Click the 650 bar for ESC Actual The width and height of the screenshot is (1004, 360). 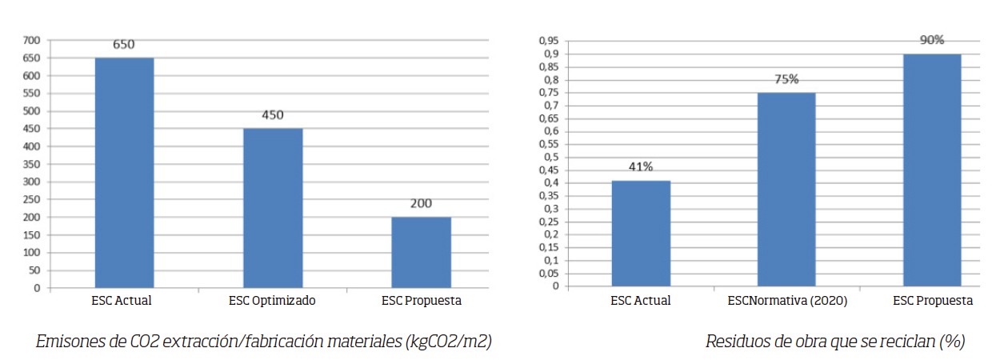(124, 172)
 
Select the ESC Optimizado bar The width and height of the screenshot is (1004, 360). (273, 208)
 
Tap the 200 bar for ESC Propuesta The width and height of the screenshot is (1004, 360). (421, 252)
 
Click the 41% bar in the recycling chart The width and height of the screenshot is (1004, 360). (641, 234)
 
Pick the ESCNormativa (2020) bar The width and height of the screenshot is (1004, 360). (786, 189)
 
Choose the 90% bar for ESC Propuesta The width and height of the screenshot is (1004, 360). (932, 170)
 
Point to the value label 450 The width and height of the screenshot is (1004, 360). (273, 115)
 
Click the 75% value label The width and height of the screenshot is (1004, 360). (786, 79)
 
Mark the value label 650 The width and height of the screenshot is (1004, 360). (124, 45)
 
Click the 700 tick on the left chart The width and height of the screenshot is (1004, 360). (31, 40)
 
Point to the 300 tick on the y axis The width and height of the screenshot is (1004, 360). (31, 182)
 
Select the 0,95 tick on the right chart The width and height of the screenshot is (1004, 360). (548, 40)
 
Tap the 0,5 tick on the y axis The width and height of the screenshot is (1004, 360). (550, 157)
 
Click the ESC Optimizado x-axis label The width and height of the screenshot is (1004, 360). (273, 302)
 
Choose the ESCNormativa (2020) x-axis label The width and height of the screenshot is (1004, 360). (786, 302)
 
